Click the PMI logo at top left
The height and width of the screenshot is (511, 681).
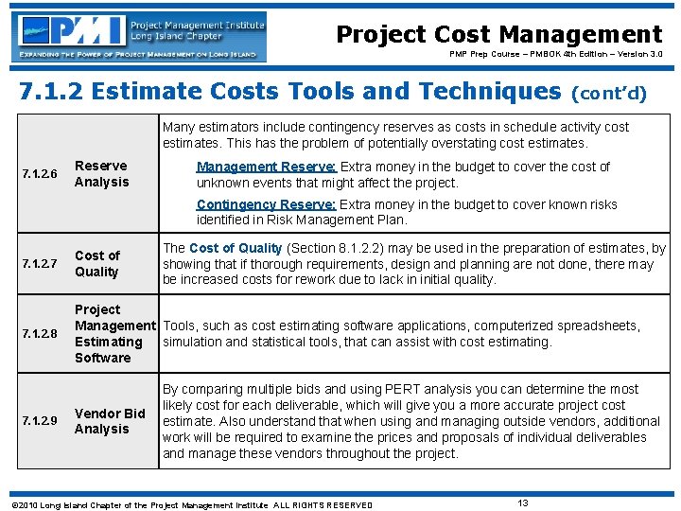click(138, 36)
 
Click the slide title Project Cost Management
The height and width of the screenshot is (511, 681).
click(499, 35)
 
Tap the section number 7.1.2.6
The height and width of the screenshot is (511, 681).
click(40, 174)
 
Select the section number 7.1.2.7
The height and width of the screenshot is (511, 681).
click(40, 263)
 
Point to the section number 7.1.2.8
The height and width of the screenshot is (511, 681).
click(40, 333)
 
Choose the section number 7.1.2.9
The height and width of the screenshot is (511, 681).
click(40, 421)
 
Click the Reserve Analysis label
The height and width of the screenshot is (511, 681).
click(101, 174)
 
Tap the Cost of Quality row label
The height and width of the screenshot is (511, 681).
click(96, 263)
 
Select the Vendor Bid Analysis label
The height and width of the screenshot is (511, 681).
click(110, 421)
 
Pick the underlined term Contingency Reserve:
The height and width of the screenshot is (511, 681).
click(266, 204)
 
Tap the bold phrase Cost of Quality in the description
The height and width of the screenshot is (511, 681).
click(236, 248)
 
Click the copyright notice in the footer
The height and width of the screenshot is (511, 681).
click(189, 504)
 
